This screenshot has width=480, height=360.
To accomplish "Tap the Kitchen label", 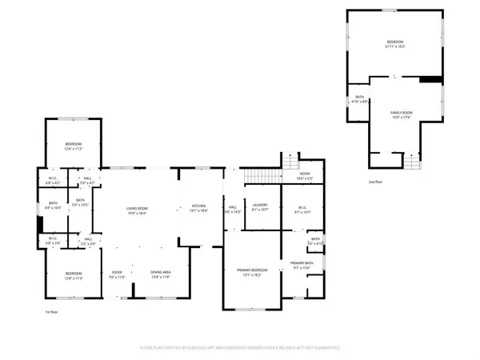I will pos(198,209).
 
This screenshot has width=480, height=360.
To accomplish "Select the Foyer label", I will pos(117,274).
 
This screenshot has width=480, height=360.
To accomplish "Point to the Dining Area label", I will pos(162,274).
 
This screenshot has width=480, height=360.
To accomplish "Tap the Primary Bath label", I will pos(302,266).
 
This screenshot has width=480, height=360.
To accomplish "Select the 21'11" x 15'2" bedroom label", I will pos(397,43).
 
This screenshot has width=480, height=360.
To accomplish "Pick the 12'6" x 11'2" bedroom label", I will pos(74,146).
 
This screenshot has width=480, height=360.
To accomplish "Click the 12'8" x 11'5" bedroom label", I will pos(73,276).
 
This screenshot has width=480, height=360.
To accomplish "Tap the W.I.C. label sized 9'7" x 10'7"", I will pos(302,210).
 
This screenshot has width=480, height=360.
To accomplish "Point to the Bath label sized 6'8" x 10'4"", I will pos(53,206).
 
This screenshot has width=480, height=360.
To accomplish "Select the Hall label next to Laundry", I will pos(232,209).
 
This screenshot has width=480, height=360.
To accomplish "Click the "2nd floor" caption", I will pos(375,182).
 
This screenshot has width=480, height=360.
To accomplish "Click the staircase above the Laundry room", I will pos(264,174).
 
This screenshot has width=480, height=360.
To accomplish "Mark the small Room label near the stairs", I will pos(305,176).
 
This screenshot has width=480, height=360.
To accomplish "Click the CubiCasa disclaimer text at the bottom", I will pos(240,348).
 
